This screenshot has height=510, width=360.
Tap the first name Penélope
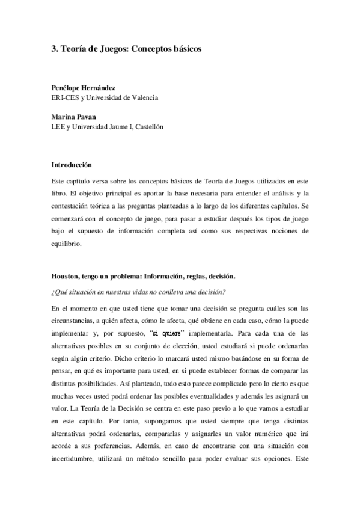(69, 87)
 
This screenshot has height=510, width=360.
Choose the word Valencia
(143, 97)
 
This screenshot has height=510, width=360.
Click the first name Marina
(64, 117)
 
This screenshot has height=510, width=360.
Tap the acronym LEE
(58, 127)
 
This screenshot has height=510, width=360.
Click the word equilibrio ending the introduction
(67, 245)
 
